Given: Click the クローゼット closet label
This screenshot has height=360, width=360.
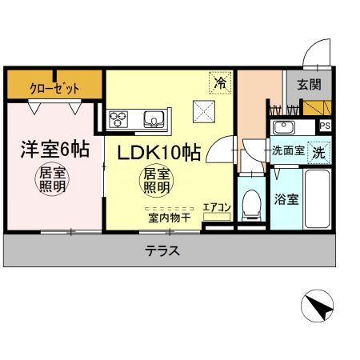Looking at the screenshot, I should (x=54, y=85).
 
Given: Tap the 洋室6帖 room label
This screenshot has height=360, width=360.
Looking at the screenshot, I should (x=54, y=150).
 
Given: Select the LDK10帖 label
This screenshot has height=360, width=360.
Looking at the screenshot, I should (x=160, y=153).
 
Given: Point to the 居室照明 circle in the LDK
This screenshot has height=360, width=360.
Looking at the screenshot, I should (x=156, y=182).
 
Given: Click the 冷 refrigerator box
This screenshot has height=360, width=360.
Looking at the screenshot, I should (x=219, y=82).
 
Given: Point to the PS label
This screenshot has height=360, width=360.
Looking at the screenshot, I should (x=324, y=126).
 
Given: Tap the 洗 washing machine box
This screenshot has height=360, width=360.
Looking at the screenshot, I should (x=318, y=150).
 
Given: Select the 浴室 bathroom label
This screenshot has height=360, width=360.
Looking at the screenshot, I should (x=286, y=199).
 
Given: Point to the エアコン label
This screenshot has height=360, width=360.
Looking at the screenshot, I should (x=216, y=207).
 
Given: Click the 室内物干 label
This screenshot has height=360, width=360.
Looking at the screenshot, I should (x=167, y=217).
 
